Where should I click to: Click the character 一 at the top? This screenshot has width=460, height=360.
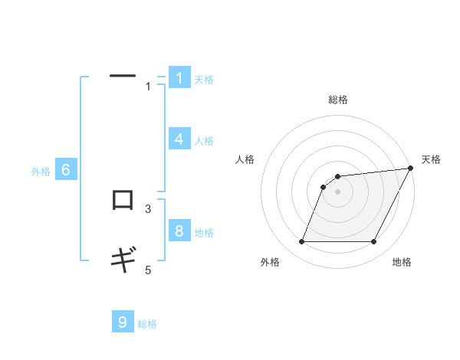click(123, 76)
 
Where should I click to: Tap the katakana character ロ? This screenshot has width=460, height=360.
click(123, 200)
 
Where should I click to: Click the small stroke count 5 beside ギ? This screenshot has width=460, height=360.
click(149, 270)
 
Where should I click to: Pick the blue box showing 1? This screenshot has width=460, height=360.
click(179, 78)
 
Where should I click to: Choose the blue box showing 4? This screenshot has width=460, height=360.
click(179, 139)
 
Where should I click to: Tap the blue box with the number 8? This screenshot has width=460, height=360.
click(179, 231)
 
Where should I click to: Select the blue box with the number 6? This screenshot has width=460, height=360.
click(66, 170)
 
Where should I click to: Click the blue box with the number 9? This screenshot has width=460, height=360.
click(123, 322)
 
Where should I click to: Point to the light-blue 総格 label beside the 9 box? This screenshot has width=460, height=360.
click(147, 324)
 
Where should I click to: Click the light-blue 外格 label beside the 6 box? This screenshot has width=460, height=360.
click(41, 172)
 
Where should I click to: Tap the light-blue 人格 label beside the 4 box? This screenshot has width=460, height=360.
click(204, 141)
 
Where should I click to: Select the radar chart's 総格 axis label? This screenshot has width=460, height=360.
click(338, 100)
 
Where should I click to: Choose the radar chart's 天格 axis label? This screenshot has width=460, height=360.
click(431, 159)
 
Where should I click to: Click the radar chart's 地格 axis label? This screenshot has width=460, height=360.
click(402, 262)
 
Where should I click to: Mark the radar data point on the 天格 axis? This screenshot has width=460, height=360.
click(411, 169)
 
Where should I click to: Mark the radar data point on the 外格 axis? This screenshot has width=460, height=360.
click(302, 242)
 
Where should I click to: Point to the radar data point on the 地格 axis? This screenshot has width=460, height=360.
click(374, 242)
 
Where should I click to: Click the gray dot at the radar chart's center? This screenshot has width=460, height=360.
click(338, 191)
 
